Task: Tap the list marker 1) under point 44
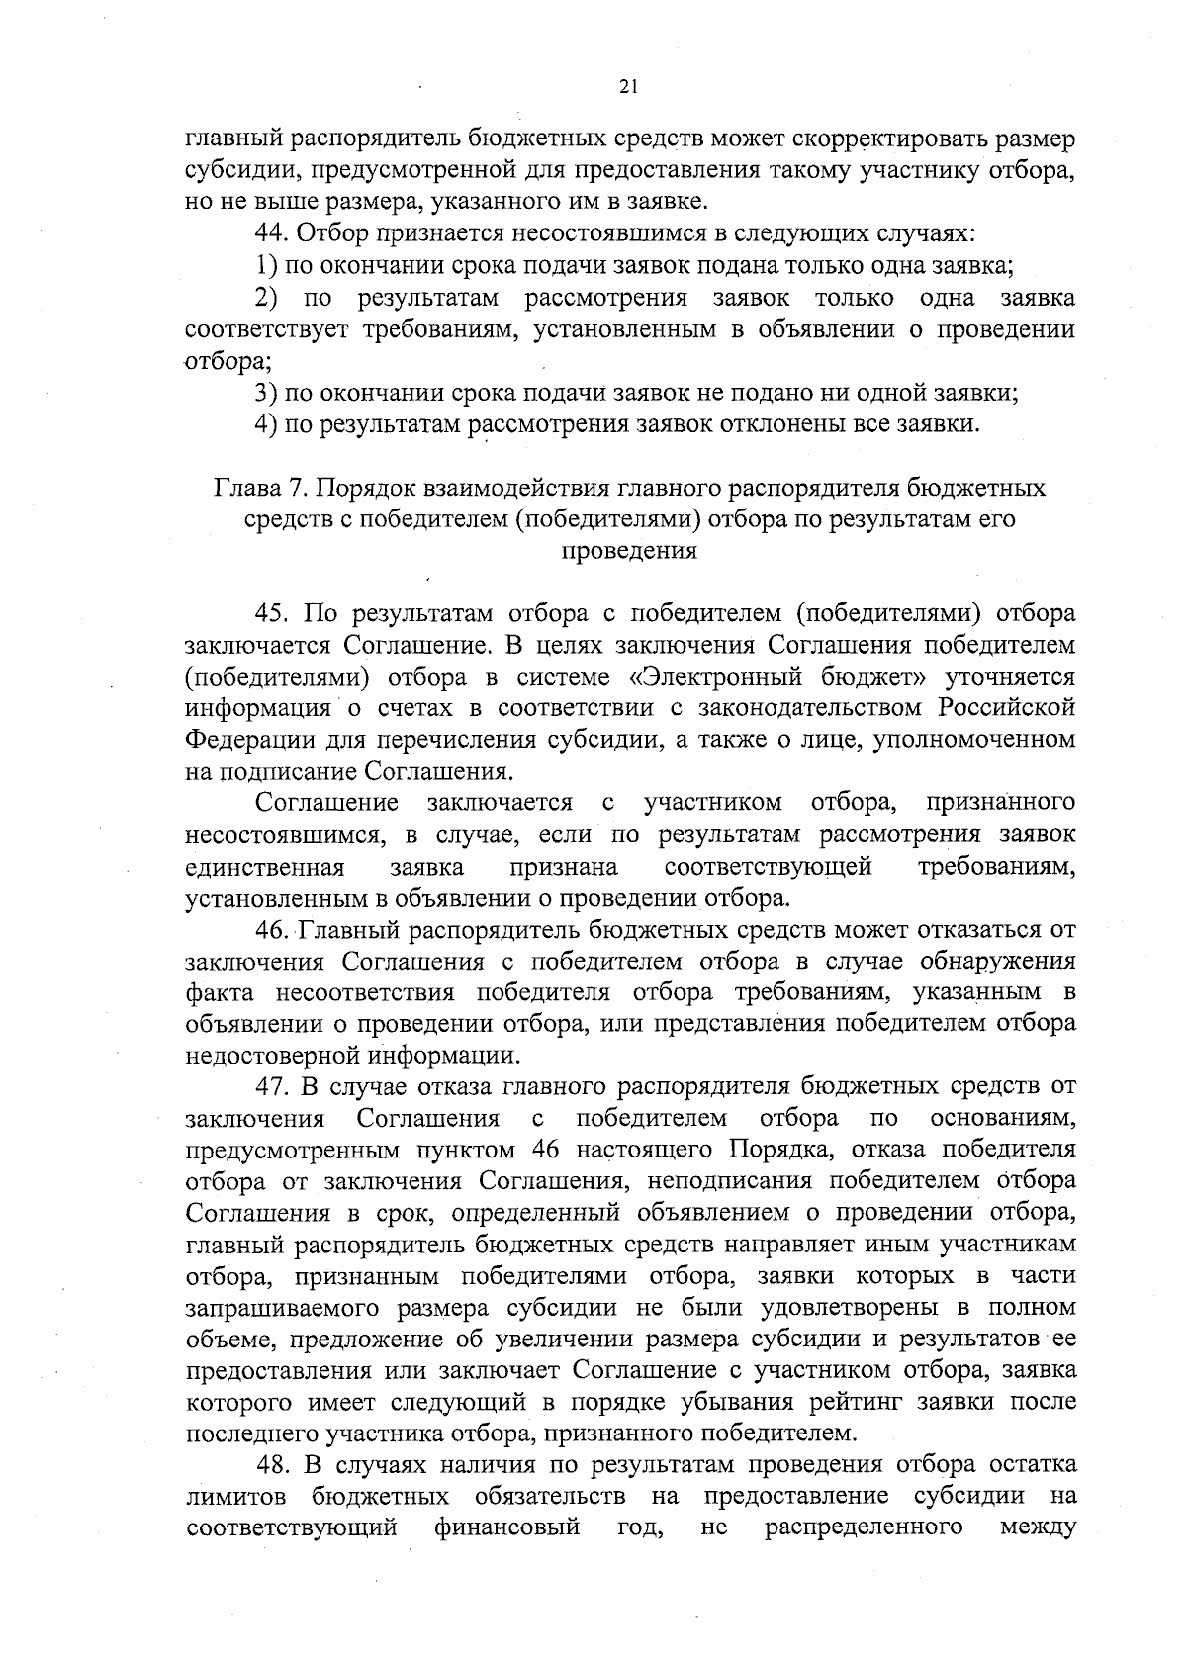[263, 266]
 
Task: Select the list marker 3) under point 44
[263, 393]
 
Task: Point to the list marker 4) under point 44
[263, 425]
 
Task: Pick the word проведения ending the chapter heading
[629, 552]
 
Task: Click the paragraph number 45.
[270, 614]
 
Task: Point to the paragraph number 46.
[270, 931]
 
